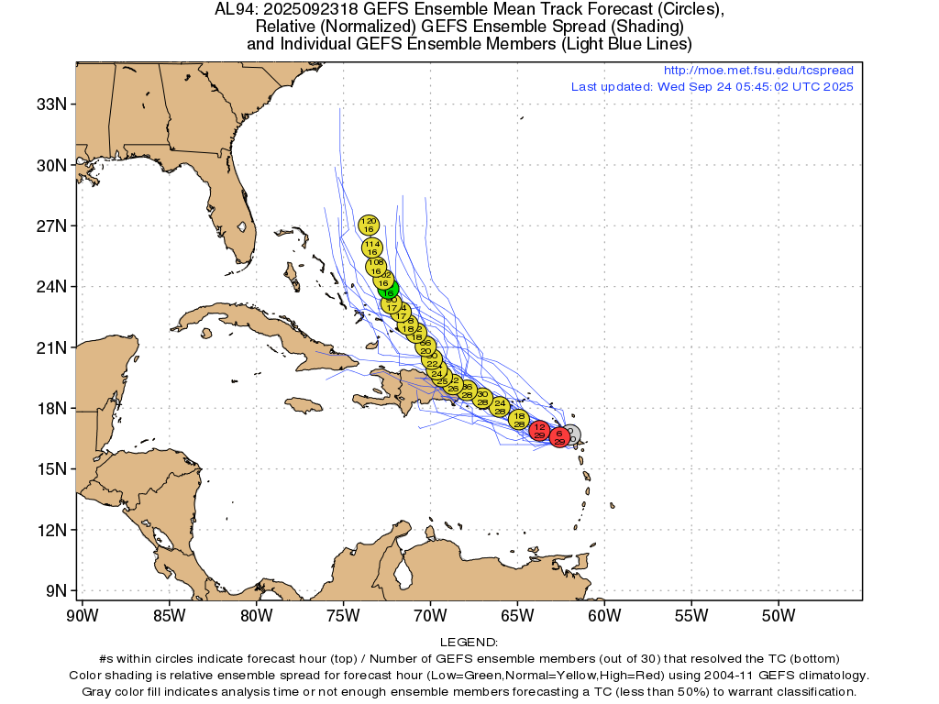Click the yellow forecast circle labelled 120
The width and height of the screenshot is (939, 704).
pyautogui.click(x=369, y=225)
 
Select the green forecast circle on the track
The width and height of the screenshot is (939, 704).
pyautogui.click(x=389, y=290)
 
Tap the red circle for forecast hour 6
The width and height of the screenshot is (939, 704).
pyautogui.click(x=559, y=437)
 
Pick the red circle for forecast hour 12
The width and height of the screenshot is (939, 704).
pyautogui.click(x=540, y=431)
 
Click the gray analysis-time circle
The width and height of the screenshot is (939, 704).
pyautogui.click(x=570, y=434)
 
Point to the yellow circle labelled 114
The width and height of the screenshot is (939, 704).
pyautogui.click(x=371, y=247)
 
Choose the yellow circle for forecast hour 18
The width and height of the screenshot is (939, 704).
pyautogui.click(x=520, y=421)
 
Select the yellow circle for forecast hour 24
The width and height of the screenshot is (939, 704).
pyautogui.click(x=500, y=407)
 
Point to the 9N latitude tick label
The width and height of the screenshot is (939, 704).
pyautogui.click(x=54, y=590)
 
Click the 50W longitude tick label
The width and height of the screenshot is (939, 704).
pyautogui.click(x=777, y=614)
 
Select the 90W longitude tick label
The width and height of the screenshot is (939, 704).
pyautogui.click(x=83, y=614)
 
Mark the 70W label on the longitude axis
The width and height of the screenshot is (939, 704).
pyautogui.click(x=430, y=614)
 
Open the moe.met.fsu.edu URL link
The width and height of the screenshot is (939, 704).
pyautogui.click(x=757, y=71)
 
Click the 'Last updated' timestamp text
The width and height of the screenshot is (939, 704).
pyautogui.click(x=712, y=87)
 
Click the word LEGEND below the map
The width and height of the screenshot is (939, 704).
pyautogui.click(x=469, y=643)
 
